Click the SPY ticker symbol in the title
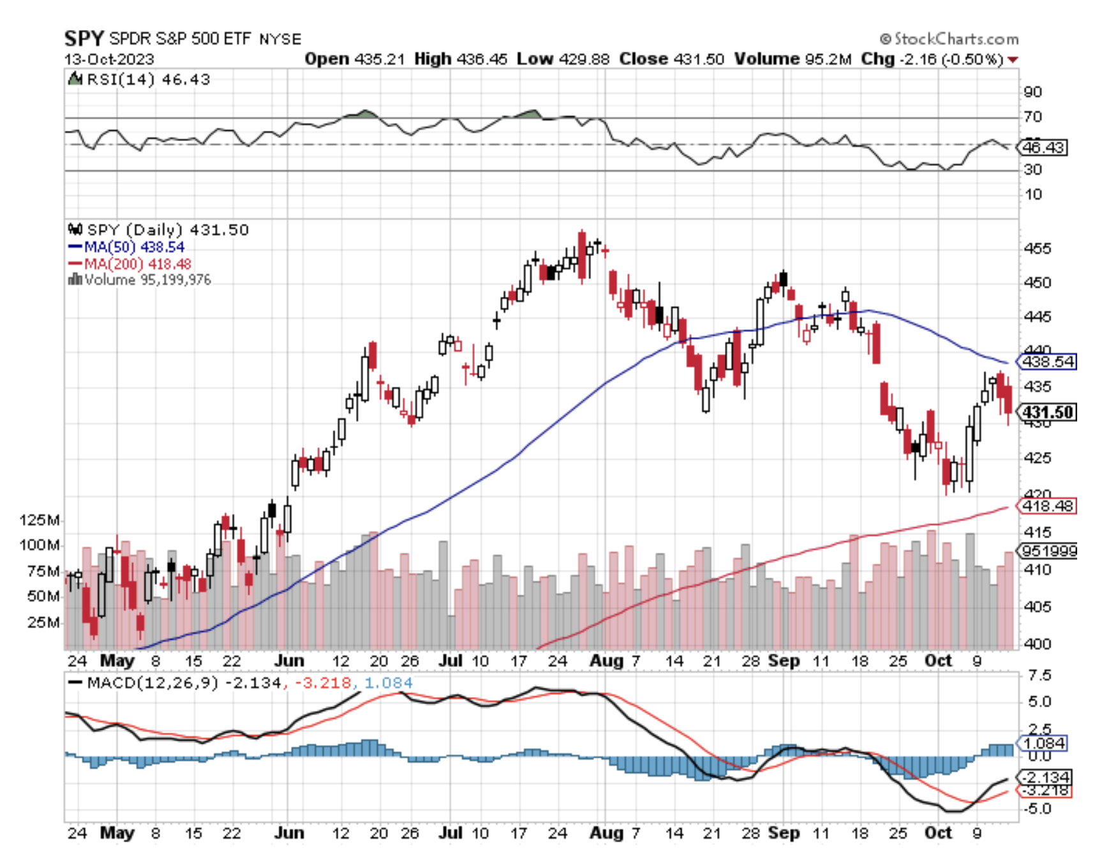pyautogui.click(x=84, y=38)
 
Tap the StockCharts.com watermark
pyautogui.click(x=949, y=39)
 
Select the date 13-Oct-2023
pyautogui.click(x=109, y=59)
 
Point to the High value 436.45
pyautogui.click(x=482, y=59)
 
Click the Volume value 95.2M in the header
pyautogui.click(x=828, y=59)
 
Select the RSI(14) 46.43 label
pyautogui.click(x=147, y=79)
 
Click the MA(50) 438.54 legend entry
pyautogui.click(x=133, y=247)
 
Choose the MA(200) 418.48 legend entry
pyautogui.click(x=137, y=264)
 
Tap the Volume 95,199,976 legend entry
pyautogui.click(x=147, y=280)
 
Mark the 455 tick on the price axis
pyautogui.click(x=1037, y=248)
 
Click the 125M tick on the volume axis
pyautogui.click(x=40, y=520)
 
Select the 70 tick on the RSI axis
pyautogui.click(x=1032, y=117)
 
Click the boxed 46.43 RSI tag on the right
pyautogui.click(x=1043, y=147)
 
